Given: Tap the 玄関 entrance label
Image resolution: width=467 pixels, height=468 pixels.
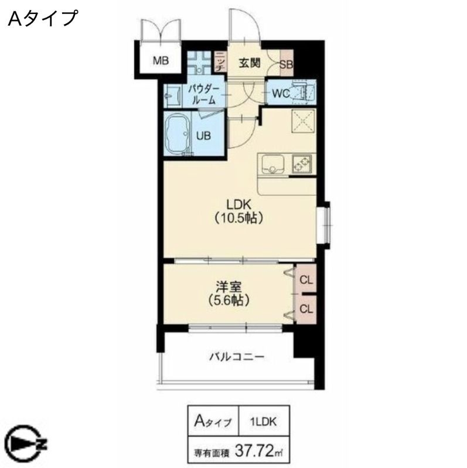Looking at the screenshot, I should click(x=249, y=63).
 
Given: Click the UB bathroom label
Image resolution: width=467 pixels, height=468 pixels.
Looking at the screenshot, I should click(x=203, y=135).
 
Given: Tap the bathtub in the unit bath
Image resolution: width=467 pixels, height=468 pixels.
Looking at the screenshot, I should click(x=178, y=135).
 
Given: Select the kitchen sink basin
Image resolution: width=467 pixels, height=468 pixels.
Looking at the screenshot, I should click(x=272, y=164).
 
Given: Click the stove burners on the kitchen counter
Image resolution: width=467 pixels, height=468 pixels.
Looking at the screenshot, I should click(x=302, y=164).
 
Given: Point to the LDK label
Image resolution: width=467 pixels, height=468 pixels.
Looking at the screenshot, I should click(x=239, y=205).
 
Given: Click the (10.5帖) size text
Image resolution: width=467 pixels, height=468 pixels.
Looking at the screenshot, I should click(x=239, y=219).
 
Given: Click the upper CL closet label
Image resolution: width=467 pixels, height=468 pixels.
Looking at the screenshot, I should click(x=306, y=280).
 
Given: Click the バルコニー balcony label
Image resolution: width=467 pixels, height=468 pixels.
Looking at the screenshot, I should click(x=236, y=356).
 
